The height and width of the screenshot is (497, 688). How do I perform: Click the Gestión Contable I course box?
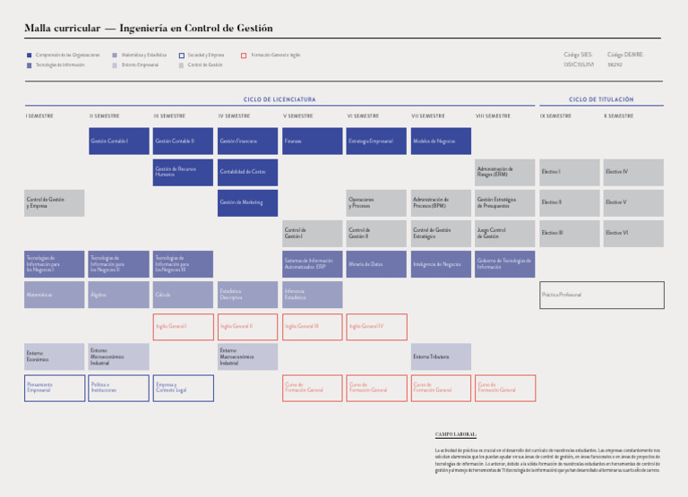coord(119,141)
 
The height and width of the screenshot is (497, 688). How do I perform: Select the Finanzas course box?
coord(312,141)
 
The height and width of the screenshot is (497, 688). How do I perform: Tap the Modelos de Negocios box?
coord(441,141)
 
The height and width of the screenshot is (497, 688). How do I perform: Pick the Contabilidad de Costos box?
coord(247,172)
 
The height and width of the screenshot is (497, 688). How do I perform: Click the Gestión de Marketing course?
coord(247,202)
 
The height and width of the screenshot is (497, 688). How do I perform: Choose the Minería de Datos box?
coord(376,264)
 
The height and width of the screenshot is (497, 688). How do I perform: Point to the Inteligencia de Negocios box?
coord(441,264)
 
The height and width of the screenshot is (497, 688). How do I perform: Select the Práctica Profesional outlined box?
coord(602,295)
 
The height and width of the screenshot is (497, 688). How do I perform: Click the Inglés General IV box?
coord(376,327)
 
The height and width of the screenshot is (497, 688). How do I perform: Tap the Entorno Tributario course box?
coord(441,356)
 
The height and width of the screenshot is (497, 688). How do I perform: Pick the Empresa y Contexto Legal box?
coord(183,388)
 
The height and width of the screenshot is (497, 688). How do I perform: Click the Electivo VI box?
coord(633,233)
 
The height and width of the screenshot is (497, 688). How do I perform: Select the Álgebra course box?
coord(119,295)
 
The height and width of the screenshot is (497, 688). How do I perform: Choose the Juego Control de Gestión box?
coord(504,233)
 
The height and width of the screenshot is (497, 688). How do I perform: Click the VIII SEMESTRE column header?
coord(493,116)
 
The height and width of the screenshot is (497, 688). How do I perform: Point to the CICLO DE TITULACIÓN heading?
coord(601,99)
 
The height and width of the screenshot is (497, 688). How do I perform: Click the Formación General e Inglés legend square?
coord(244,56)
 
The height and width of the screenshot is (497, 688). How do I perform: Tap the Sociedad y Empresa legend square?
coord(181,56)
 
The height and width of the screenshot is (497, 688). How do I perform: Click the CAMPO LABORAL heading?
coord(455,433)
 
